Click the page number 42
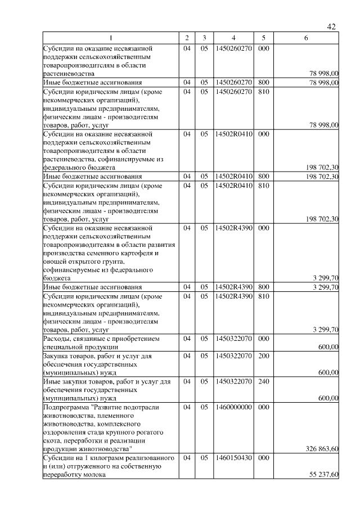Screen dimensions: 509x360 [x=331, y=27]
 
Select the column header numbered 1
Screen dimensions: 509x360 [x=111, y=38]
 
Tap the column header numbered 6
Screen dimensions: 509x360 [x=305, y=38]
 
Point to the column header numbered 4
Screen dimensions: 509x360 [x=233, y=38]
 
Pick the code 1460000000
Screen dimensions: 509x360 [x=233, y=407]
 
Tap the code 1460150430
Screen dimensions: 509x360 [x=233, y=458]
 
